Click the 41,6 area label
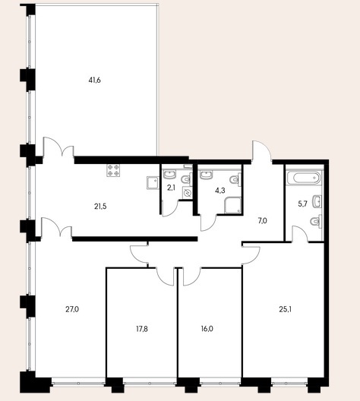click(95, 81)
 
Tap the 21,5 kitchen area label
click(100, 207)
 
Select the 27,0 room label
click(72, 310)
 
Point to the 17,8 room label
click(142, 329)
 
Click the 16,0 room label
click(207, 329)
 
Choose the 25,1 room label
click(286, 310)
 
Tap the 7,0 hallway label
click(263, 220)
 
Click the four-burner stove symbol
click(113, 170)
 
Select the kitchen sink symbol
click(153, 182)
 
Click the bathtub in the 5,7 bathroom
click(304, 178)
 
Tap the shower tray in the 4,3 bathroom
click(232, 205)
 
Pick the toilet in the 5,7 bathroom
click(316, 220)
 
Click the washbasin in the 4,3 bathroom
click(206, 175)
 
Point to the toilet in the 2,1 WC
click(186, 179)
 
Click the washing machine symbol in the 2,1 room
click(188, 193)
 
